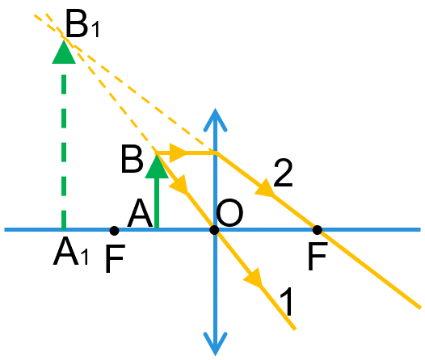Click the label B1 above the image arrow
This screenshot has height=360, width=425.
tap(82, 25)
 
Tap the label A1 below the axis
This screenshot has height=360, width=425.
tap(71, 251)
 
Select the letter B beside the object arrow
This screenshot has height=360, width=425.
tap(132, 159)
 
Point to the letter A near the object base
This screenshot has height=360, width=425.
tap(140, 213)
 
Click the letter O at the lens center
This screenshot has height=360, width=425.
tap(229, 213)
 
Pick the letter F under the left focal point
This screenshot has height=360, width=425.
tap(115, 258)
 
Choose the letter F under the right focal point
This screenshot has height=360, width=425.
tap(318, 256)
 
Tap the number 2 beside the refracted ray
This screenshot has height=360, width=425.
tap(284, 173)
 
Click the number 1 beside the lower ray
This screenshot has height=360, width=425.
tap(286, 301)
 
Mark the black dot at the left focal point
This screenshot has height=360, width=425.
tap(114, 231)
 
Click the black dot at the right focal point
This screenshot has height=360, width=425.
tap(317, 230)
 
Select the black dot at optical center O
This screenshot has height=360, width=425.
tap(214, 230)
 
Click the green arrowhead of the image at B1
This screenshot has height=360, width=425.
tap(64, 52)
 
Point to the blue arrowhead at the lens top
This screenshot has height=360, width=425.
tap(215, 119)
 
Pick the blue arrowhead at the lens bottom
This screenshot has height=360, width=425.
tap(215, 344)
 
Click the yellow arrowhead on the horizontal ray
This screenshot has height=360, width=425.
tap(178, 153)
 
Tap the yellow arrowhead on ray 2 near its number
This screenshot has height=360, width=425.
tap(265, 188)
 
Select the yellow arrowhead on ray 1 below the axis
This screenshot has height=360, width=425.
tap(254, 278)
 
